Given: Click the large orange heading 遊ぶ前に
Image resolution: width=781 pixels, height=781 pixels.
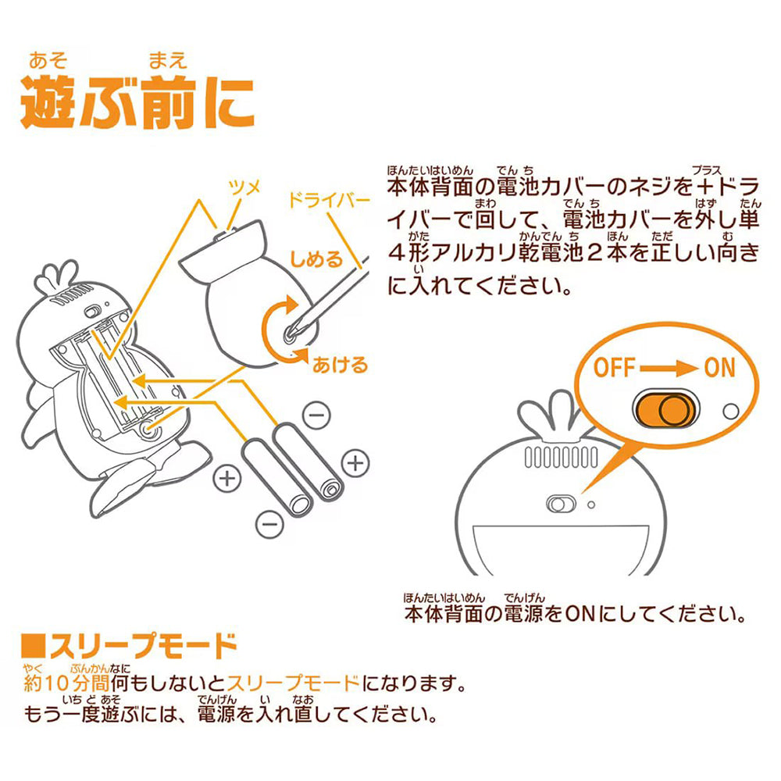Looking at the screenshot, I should (137, 102).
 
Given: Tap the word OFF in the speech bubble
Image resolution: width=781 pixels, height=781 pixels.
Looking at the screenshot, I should (619, 366).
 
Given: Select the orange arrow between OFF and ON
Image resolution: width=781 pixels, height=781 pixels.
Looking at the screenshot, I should (669, 367).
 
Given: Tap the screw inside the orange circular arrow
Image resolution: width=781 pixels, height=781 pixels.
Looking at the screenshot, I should (291, 332).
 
